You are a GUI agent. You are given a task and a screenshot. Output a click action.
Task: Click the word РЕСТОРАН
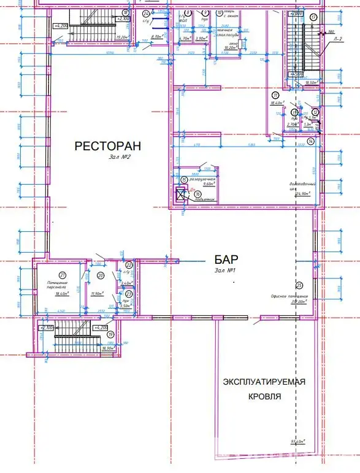click(x=107, y=146)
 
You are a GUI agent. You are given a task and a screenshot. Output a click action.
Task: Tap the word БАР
click(x=226, y=260)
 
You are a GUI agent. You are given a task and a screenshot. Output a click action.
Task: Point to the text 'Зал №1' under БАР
click(x=226, y=270)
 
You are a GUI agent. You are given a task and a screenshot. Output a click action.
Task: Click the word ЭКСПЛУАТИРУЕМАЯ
click(x=264, y=382)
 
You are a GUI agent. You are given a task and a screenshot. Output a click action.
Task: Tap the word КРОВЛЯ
click(x=264, y=396)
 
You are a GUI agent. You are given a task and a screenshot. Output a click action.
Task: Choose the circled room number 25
click(x=299, y=285)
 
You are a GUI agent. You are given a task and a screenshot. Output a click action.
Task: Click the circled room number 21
click(x=62, y=274)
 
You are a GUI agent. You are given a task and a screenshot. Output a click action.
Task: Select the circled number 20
click(x=100, y=275)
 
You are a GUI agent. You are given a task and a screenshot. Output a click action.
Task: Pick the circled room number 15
click(x=184, y=179)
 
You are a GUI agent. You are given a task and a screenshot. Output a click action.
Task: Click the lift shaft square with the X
click(x=180, y=196)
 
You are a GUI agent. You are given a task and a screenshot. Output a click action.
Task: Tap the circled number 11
click(x=276, y=94)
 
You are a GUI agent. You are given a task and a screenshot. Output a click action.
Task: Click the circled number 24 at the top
click(x=145, y=13)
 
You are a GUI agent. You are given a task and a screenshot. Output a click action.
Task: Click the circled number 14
click(x=311, y=140)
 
